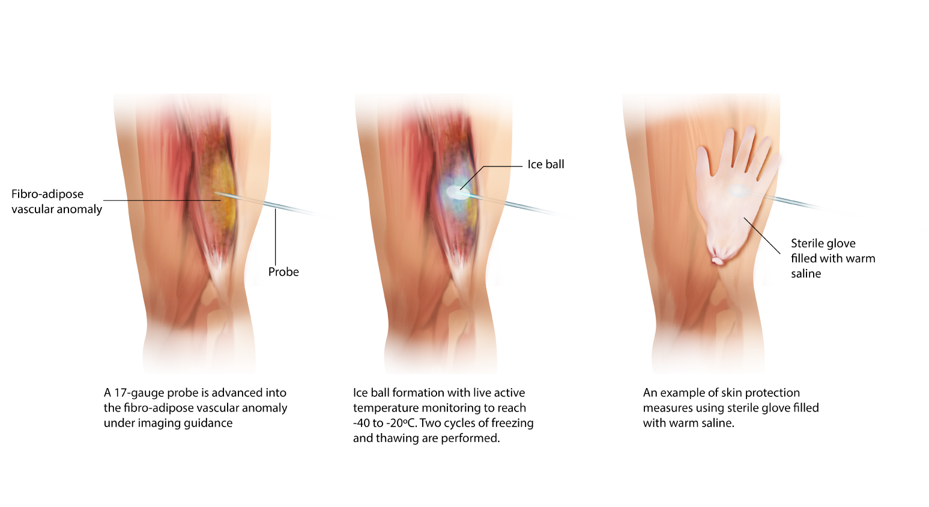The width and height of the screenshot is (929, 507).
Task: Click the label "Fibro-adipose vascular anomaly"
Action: pos(56,201)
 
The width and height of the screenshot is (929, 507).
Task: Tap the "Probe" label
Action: pos(283,272)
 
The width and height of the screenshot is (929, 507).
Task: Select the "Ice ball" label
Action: pos(546,165)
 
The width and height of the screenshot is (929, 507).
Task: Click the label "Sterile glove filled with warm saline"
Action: pos(832,258)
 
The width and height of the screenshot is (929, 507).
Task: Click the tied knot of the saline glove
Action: pos(718,261)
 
